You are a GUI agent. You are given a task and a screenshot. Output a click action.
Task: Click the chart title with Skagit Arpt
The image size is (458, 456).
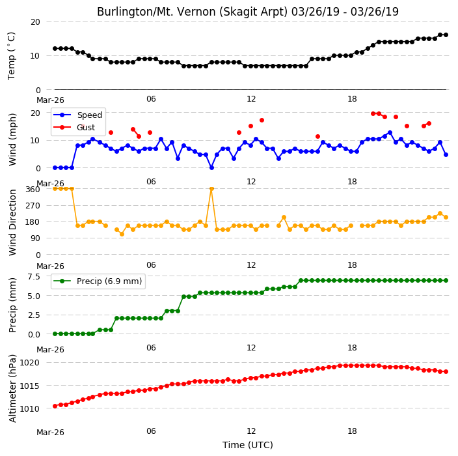[x=248, y=12]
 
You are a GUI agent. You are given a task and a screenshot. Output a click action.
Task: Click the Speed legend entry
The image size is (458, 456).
[x=77, y=115]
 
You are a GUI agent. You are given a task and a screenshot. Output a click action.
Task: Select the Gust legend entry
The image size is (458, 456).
[x=74, y=127]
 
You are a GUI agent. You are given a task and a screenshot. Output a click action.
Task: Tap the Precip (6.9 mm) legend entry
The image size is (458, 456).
[x=98, y=281]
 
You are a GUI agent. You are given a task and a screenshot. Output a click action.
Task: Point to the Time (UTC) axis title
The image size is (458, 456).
[x=248, y=445]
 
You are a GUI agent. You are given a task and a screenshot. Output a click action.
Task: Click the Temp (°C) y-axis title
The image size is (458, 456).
[x=12, y=56]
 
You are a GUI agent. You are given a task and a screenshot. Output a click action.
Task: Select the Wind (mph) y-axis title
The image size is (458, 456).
[x=12, y=139]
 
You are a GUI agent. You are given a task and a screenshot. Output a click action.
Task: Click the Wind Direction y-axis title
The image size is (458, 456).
[x=12, y=222]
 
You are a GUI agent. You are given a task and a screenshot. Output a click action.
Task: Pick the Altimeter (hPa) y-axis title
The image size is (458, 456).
[x=12, y=388]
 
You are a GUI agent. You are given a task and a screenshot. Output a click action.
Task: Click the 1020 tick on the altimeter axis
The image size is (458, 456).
[x=29, y=363]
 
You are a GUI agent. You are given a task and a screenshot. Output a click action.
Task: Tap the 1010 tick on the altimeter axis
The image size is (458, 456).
[x=29, y=408]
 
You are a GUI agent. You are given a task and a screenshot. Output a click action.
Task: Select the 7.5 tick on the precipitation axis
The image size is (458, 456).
[x=34, y=277]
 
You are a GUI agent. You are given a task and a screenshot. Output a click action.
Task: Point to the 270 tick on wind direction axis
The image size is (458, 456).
[x=33, y=206]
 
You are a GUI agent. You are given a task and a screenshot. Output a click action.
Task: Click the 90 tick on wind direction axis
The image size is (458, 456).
[x=35, y=238]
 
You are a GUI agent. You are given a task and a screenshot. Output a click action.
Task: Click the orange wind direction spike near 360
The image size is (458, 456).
[x=212, y=189]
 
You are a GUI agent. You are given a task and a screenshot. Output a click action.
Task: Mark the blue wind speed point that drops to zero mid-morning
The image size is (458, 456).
[x=212, y=168]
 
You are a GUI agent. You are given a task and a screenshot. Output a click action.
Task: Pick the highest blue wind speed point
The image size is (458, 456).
[x=390, y=133]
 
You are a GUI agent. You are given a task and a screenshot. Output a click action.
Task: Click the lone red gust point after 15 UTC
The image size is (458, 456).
[x=317, y=137]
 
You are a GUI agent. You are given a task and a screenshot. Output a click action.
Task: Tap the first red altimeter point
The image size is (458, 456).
[x=55, y=406]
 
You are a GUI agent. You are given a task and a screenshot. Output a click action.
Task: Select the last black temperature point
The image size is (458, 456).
[x=446, y=35]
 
